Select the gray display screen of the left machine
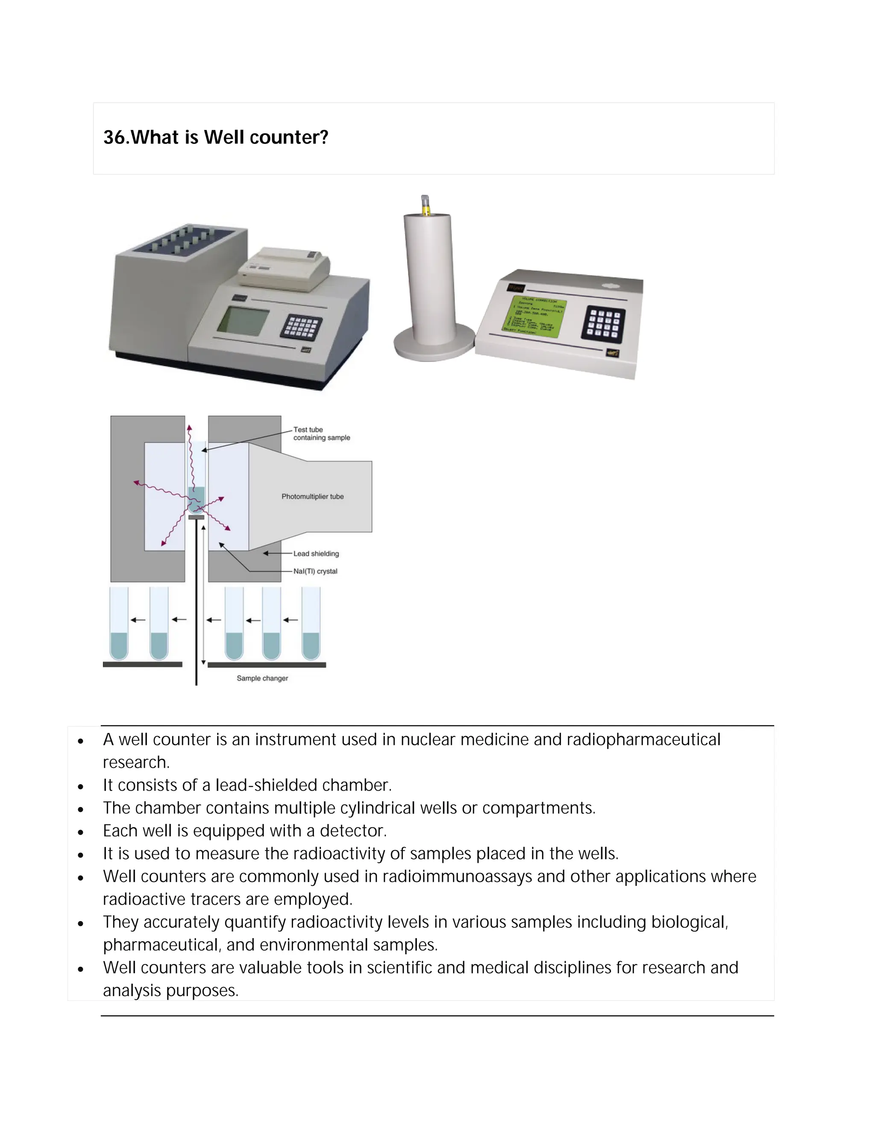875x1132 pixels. [243, 321]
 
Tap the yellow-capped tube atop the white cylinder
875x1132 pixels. [425, 205]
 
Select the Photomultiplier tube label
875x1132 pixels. [313, 496]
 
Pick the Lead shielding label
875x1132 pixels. [316, 554]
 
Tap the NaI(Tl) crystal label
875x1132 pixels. [315, 571]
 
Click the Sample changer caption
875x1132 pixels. [262, 678]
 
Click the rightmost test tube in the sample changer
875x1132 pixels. [311, 625]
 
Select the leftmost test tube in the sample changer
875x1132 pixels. [119, 625]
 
